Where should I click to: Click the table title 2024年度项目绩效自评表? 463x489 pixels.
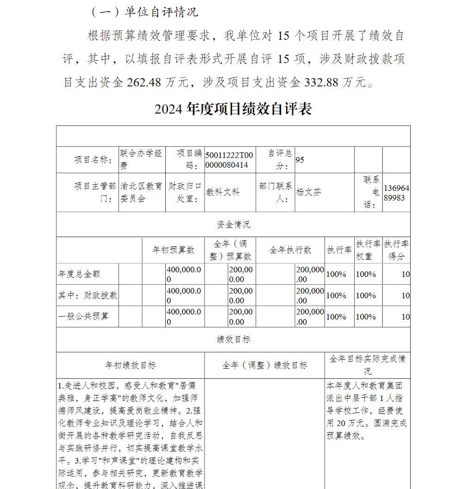coord(233,109)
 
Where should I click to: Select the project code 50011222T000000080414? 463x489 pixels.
coord(229,160)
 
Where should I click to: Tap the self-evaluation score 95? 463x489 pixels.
coord(300,160)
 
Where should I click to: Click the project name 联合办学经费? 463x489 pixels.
coord(141,159)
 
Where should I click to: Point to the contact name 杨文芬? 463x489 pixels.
coord(309,192)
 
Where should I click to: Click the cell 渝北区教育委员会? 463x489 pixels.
coord(141,192)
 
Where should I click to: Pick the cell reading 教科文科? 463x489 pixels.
coord(223,192)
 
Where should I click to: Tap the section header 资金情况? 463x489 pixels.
coord(233,225)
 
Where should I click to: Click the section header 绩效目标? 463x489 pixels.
coord(233,339)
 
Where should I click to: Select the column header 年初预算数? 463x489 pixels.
coord(174,250)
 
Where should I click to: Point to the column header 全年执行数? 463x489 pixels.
coord(290,250)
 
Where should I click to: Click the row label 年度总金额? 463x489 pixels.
coord(79,274)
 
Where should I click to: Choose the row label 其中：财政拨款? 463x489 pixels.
coord(88,295)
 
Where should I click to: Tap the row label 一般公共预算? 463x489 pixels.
coord(83,317)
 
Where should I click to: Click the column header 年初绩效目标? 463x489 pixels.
coord(131,365)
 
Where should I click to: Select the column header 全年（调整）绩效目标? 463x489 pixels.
coord(264,365)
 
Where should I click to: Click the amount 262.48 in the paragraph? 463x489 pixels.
coord(144,82)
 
